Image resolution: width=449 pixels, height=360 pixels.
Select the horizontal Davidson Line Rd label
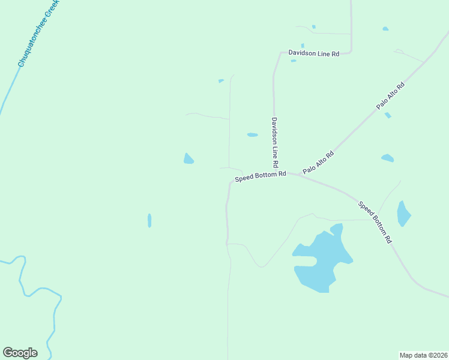pos(313,53)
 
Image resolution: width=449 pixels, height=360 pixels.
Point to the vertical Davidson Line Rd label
pos(274,142)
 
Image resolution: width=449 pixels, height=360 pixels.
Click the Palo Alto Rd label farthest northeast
pos(390,95)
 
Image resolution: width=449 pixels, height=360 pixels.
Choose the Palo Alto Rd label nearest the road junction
pos(318,163)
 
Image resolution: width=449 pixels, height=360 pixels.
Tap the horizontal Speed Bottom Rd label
pos(260,176)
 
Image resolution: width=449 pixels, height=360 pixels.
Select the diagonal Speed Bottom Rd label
pos(375,222)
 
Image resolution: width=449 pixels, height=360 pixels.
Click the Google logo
pos(20,353)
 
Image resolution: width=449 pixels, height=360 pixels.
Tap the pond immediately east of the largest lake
pos(403,214)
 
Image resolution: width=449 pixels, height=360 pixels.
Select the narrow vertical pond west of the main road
pos(149,220)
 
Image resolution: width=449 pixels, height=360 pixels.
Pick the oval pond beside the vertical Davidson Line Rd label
pos(253,135)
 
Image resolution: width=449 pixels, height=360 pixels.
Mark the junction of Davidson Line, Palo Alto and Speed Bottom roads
pos(286,172)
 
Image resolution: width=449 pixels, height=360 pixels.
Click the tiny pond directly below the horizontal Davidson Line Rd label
pos(294,61)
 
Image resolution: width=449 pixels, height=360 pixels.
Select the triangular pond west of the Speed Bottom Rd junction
pos(188,159)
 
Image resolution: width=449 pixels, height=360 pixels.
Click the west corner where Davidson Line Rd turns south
pos(279,53)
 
